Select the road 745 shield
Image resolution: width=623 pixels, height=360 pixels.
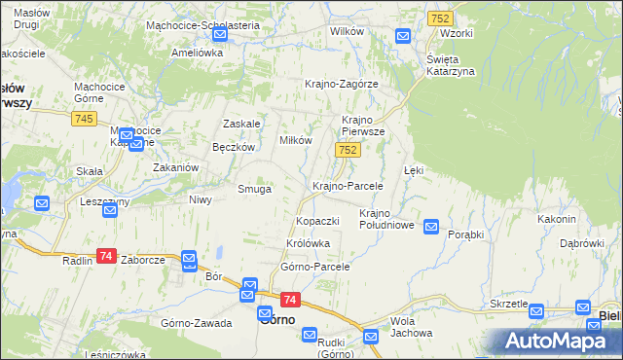pyautogui.click(x=83, y=119)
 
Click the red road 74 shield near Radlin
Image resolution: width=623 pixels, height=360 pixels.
pyautogui.click(x=106, y=256)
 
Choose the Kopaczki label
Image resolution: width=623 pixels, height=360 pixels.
pyautogui.click(x=317, y=222)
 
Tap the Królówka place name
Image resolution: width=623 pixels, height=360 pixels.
pyautogui.click(x=309, y=243)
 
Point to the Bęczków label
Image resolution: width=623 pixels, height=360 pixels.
pyautogui.click(x=234, y=148)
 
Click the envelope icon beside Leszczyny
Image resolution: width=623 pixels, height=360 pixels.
pyautogui.click(x=42, y=203)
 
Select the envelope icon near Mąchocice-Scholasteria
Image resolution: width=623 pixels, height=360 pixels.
pyautogui.click(x=219, y=34)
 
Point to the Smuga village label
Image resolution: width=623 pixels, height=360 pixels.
pyautogui.click(x=254, y=189)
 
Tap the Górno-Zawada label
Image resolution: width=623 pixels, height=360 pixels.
pyautogui.click(x=197, y=322)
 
